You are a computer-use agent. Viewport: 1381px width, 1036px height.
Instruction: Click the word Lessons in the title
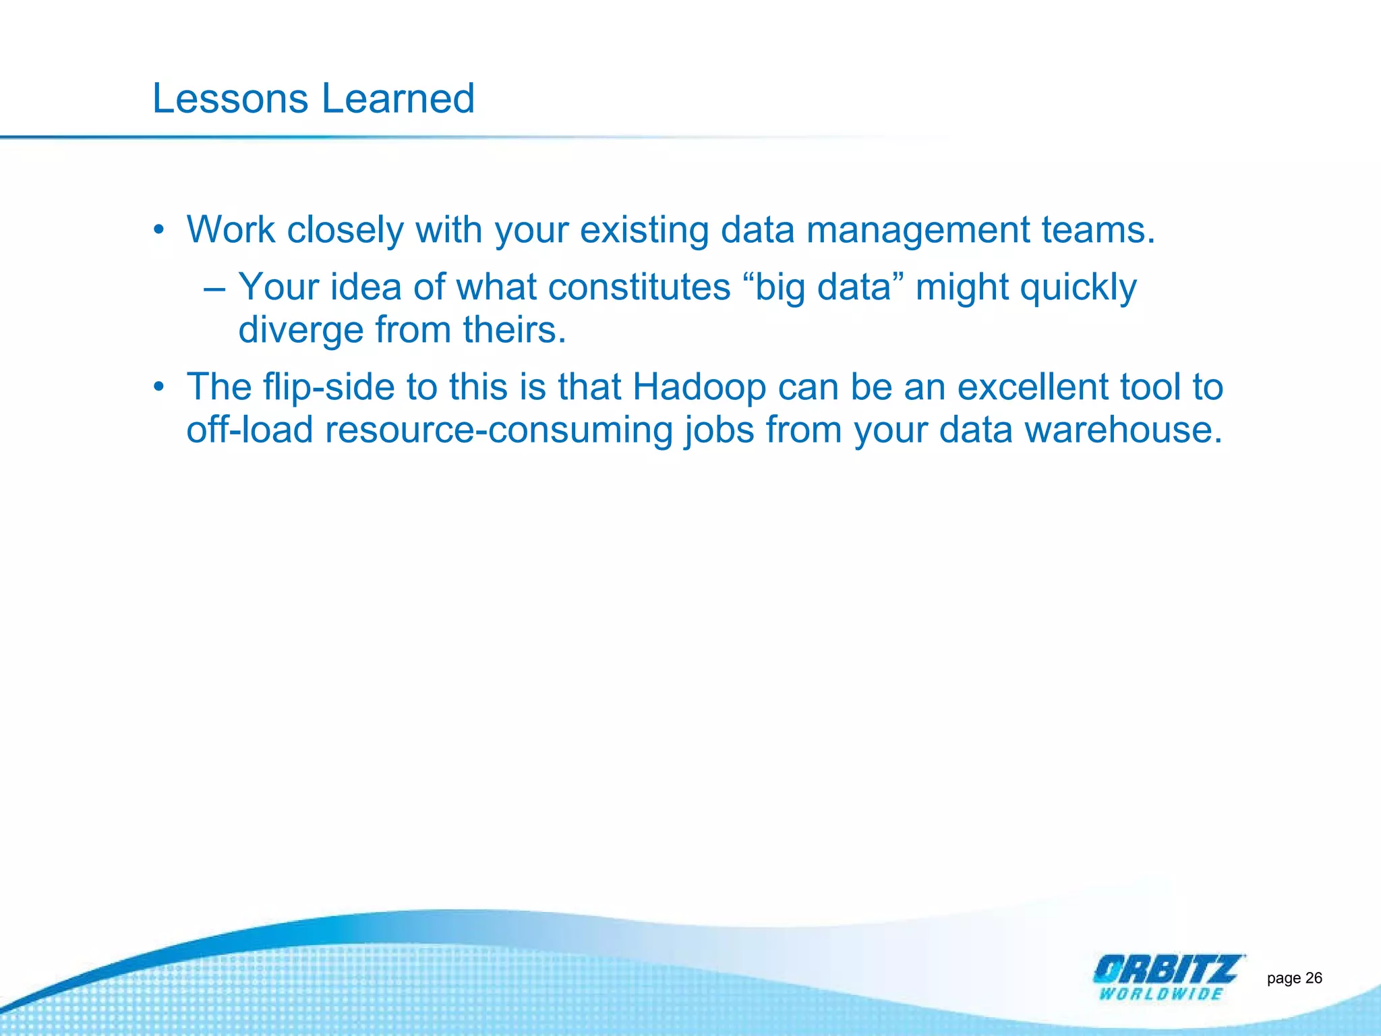(x=230, y=99)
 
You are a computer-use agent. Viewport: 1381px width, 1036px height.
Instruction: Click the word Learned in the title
(x=398, y=99)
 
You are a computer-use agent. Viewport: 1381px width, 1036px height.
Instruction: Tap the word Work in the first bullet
(x=231, y=230)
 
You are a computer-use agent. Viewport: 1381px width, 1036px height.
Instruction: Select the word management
(x=918, y=231)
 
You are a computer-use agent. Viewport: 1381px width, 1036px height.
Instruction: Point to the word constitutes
(x=639, y=287)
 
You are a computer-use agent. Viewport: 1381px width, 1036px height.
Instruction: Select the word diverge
(x=301, y=331)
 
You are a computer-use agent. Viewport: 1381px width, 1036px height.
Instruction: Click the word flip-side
(x=328, y=388)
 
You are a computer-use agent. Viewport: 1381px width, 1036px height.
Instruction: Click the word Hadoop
(x=699, y=388)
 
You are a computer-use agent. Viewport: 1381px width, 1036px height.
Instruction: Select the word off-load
(x=249, y=430)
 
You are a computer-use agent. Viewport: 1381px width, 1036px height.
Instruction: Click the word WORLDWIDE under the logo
(x=1160, y=994)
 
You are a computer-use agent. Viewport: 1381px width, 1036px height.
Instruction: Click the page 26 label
(x=1294, y=978)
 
